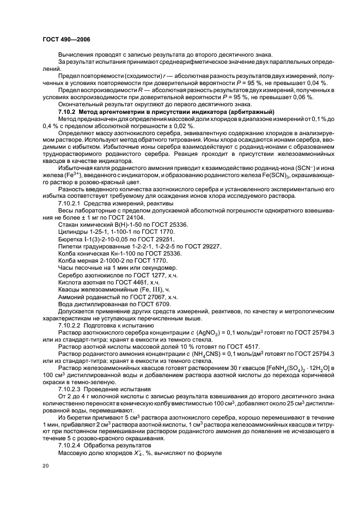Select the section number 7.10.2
click(69, 111)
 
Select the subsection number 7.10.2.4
click(72, 446)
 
